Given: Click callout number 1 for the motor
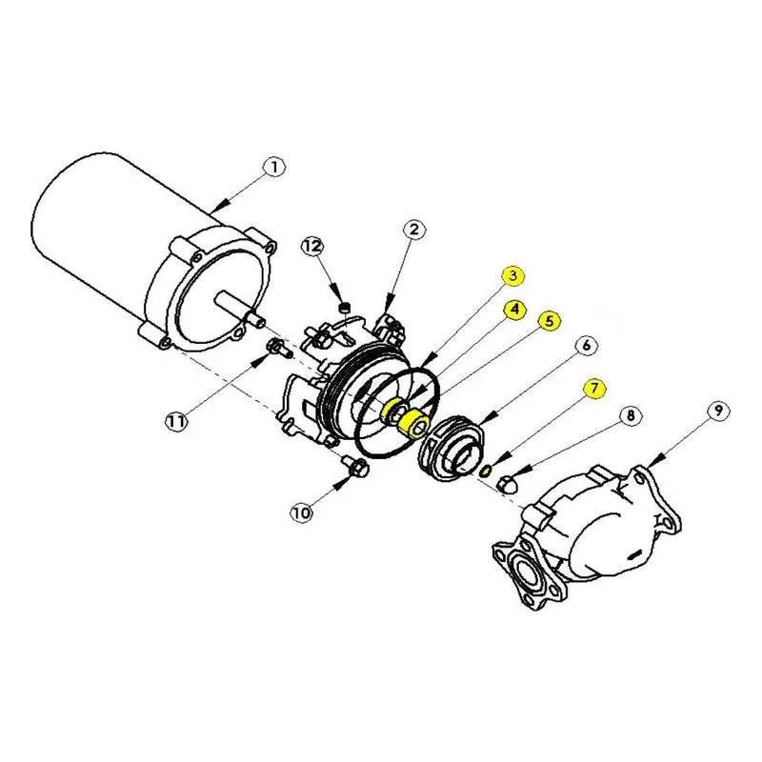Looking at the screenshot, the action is click(274, 168).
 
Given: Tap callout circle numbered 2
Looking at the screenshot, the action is click(413, 230).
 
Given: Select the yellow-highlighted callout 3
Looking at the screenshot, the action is click(513, 276).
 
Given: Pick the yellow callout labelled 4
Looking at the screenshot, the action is click(514, 309).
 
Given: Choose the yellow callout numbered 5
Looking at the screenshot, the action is click(549, 321).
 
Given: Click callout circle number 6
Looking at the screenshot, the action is click(586, 346).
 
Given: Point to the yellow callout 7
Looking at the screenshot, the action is click(594, 388).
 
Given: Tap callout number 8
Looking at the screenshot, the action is click(630, 415).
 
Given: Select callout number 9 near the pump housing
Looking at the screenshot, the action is click(718, 411).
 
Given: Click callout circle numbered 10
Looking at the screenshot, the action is click(301, 512).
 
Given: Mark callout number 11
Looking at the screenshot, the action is click(176, 421).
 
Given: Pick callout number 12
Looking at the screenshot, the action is click(312, 247).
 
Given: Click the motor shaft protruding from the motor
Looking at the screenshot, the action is click(241, 308).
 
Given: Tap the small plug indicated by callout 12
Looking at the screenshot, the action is click(344, 308).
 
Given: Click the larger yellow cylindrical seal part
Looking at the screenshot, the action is click(413, 423).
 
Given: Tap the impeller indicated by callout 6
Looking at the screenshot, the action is click(452, 449).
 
